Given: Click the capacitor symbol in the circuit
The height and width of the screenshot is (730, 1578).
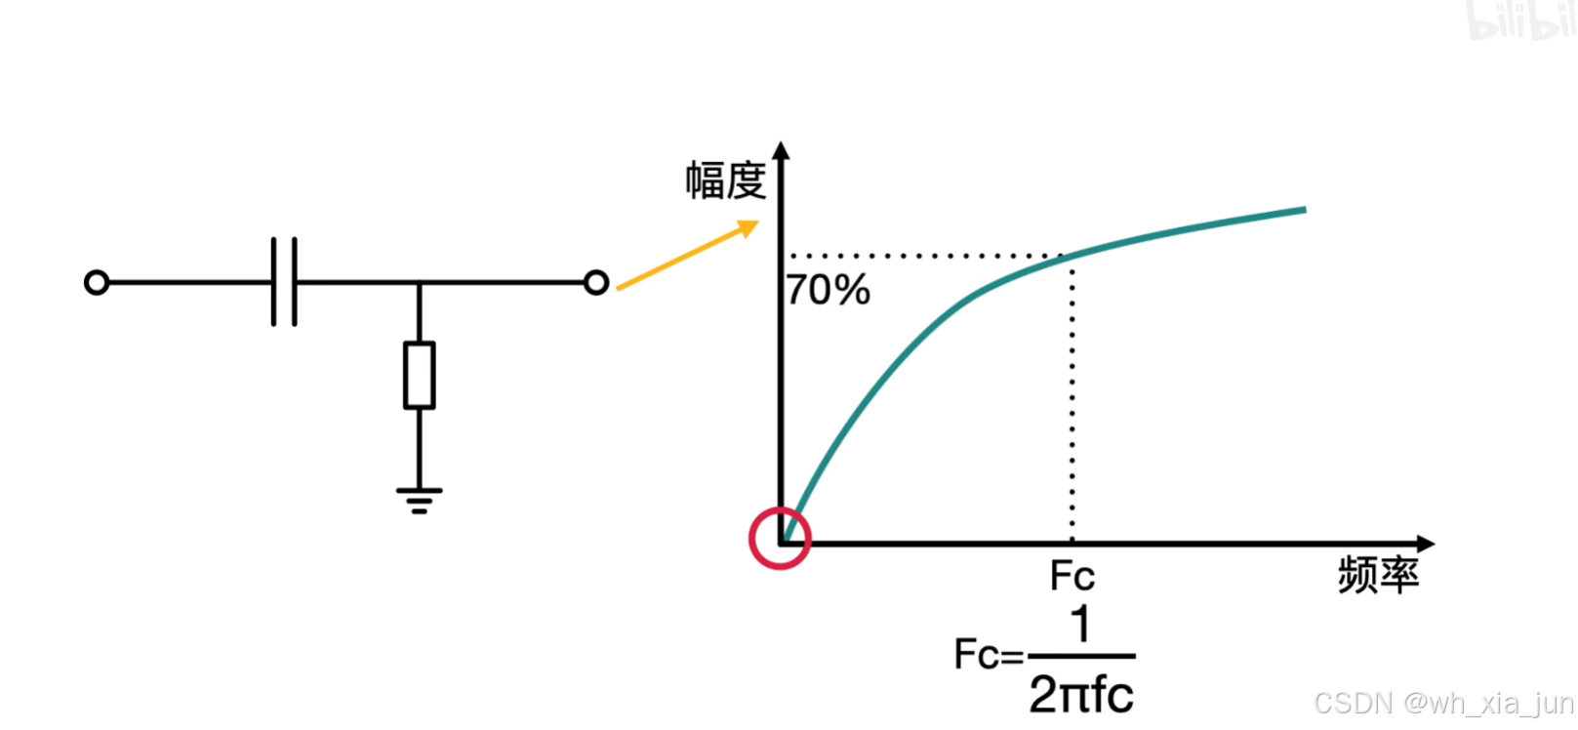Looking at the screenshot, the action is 284,282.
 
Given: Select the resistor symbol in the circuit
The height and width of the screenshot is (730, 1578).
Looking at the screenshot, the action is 420,375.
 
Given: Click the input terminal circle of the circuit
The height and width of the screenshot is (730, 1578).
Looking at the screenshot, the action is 97,283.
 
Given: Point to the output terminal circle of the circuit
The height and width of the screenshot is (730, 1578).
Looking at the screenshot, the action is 596,283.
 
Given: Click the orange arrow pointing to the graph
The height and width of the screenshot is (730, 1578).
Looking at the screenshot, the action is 687,255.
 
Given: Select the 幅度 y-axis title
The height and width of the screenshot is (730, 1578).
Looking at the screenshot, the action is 725,182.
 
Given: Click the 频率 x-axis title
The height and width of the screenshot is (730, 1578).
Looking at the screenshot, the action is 1378,576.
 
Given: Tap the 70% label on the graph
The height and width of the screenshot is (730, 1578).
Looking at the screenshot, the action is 828,291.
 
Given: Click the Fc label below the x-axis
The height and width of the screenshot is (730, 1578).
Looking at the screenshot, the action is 1072,577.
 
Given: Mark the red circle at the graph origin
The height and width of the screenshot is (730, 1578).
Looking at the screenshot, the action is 780,539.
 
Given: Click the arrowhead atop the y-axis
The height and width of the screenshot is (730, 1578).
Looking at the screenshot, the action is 781,150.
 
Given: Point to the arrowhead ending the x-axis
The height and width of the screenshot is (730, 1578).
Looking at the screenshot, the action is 1426,544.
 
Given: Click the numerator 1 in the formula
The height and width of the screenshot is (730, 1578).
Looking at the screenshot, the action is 1080,625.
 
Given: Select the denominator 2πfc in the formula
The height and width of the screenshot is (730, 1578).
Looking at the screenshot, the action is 1081,695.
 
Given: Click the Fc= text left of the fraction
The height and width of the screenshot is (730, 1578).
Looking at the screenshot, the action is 989,655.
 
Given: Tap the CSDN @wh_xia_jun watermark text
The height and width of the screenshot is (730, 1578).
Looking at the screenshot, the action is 1443,703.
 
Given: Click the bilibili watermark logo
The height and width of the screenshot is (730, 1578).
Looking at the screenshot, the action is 1520,20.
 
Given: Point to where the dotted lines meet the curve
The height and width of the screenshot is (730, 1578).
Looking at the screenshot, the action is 1072,256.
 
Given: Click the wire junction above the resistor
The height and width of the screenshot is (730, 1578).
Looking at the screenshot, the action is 420,283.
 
